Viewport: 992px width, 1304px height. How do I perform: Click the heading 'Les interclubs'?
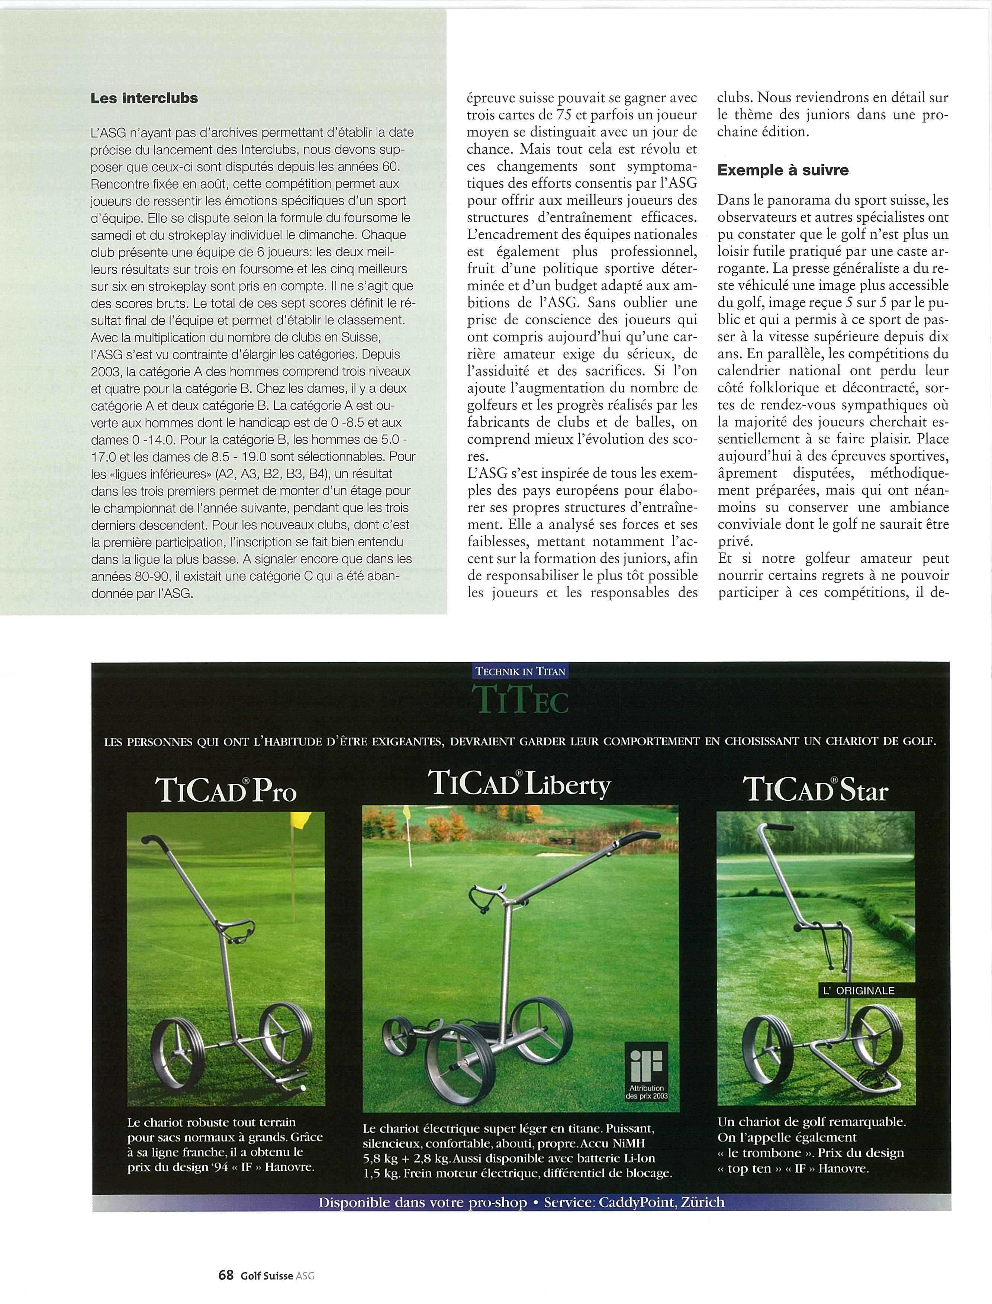pos(144,98)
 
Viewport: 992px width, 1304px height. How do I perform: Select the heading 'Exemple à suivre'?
pos(783,171)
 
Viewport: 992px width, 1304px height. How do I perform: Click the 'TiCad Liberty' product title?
pos(520,785)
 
